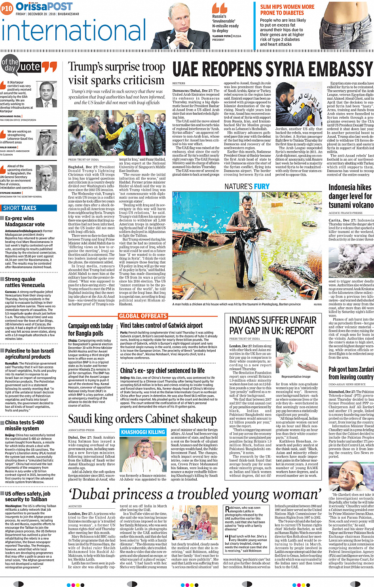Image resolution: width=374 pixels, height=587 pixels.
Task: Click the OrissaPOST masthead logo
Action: point(44,6)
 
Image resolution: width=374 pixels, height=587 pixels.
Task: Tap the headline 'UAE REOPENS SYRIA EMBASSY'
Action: point(272,70)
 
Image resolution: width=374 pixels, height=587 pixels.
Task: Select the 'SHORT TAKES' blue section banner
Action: point(20,208)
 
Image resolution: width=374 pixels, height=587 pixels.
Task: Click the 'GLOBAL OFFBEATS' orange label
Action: point(143,316)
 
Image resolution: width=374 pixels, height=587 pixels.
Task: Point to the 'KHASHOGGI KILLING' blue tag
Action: point(143,432)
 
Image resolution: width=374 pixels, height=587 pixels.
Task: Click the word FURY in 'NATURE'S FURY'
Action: point(262,186)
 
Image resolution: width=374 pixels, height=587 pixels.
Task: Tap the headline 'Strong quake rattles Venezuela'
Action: point(25,282)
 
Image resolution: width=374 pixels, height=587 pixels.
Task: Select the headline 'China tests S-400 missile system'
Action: point(25,425)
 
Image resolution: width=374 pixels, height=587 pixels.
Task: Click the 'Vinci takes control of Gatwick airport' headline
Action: point(161,326)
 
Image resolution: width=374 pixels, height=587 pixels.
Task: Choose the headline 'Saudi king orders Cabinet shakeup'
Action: point(142,418)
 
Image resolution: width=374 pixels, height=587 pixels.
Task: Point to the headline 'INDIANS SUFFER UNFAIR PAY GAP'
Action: point(273,325)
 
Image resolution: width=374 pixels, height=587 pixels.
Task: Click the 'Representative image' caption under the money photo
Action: point(296,377)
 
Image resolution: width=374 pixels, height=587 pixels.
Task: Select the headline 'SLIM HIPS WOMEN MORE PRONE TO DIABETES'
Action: point(287,10)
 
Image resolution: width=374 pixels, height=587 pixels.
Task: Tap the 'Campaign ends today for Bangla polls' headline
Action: point(90,329)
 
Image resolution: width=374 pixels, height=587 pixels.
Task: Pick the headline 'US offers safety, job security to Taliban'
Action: point(28,496)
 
